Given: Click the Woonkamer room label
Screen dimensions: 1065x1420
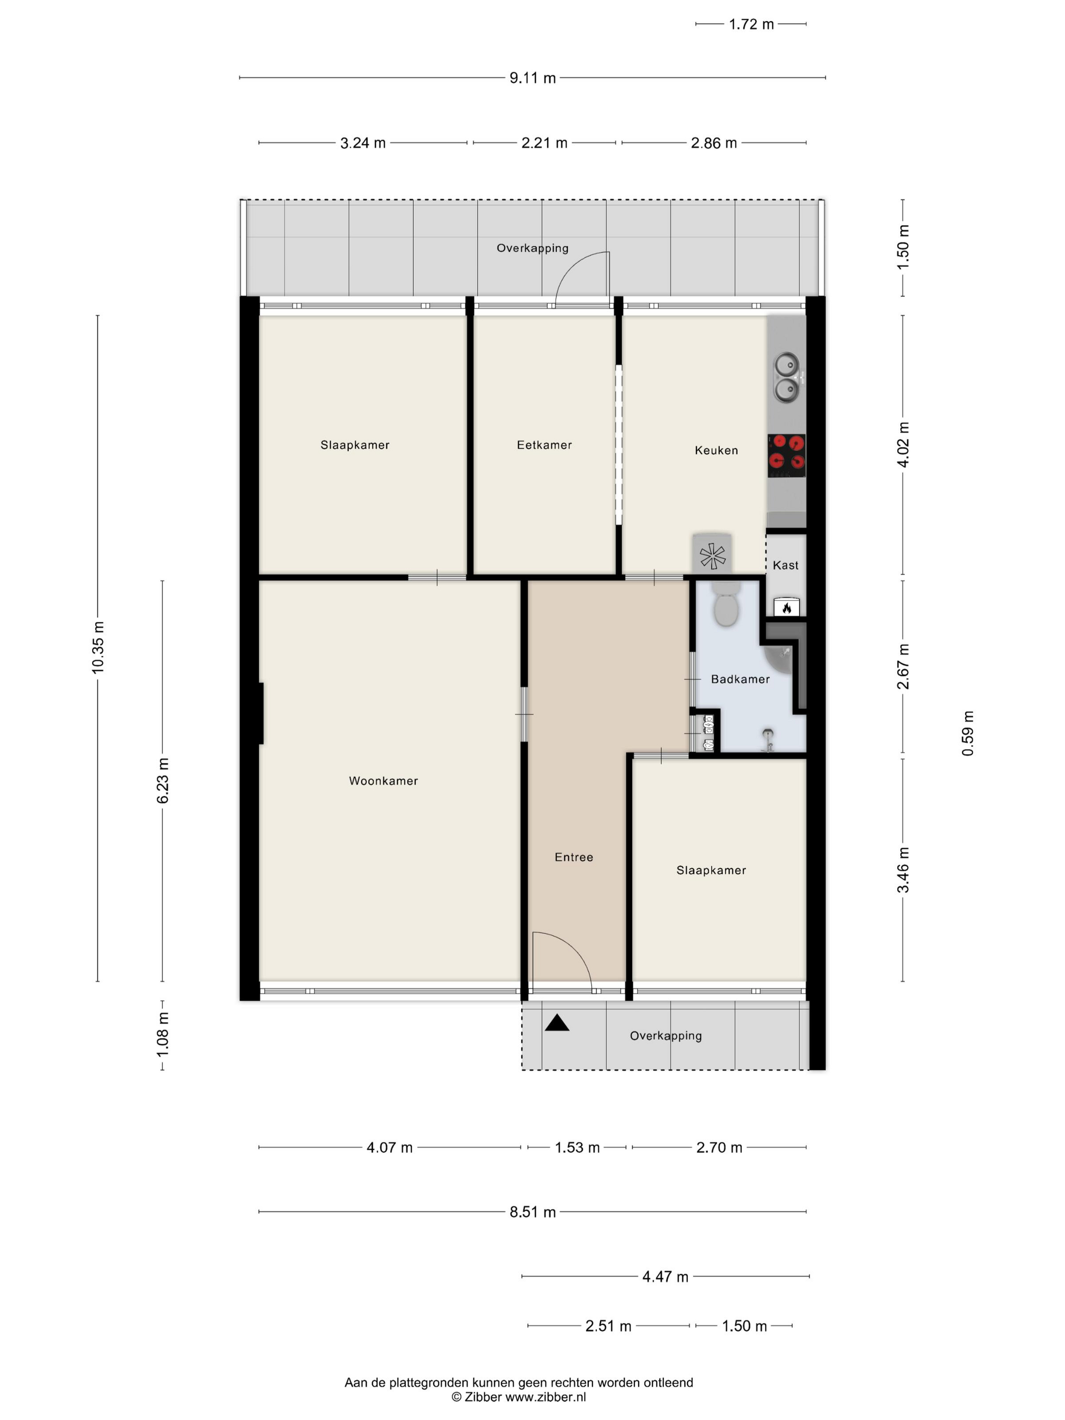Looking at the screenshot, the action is [x=383, y=780].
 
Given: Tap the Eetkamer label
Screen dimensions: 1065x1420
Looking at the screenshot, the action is [x=544, y=445].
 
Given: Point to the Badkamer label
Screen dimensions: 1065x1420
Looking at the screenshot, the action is [x=740, y=679].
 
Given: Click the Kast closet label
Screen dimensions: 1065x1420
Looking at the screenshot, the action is [x=786, y=565].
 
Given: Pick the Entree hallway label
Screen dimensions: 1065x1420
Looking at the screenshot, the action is [x=574, y=857].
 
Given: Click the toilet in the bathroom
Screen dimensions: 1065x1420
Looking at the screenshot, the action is [x=726, y=604].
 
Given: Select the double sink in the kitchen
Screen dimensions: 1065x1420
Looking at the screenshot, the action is [x=787, y=377].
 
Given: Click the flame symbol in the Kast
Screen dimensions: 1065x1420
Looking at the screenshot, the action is [x=787, y=607].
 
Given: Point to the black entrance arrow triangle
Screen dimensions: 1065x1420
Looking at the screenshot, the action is [x=556, y=1022].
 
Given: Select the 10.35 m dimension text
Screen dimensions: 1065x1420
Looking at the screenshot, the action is [x=97, y=648].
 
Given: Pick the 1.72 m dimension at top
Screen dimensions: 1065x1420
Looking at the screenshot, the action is [x=752, y=24].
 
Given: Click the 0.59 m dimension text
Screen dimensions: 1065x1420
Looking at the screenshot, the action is [x=968, y=733].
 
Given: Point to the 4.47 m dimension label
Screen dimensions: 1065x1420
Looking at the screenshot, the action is [x=666, y=1277].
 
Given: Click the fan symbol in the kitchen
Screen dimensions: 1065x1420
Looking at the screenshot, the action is [x=712, y=556].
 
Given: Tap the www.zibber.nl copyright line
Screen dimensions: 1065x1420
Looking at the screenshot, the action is [x=519, y=1397].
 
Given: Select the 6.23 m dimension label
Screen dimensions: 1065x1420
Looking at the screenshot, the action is [x=162, y=780].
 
